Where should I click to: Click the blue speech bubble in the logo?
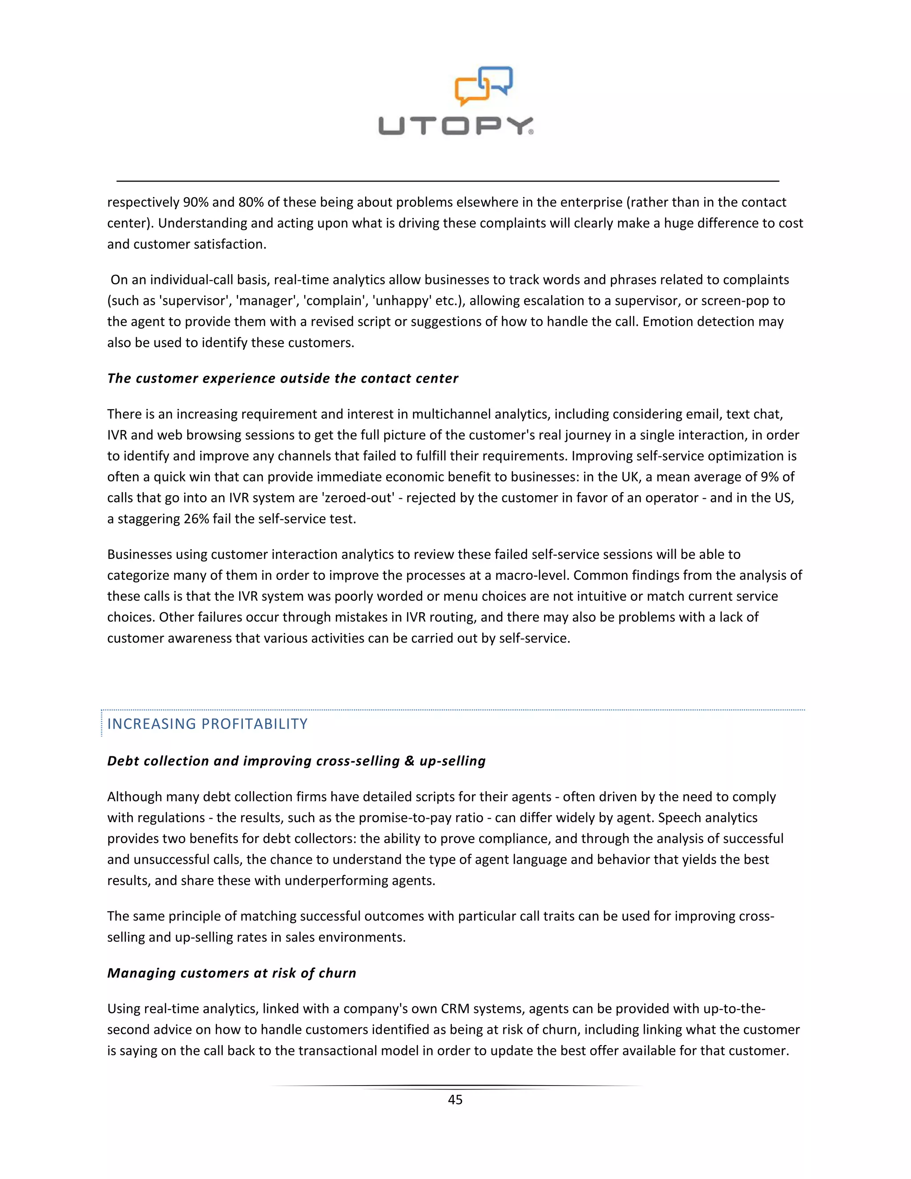[498, 79]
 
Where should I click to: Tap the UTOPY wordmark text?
[455, 126]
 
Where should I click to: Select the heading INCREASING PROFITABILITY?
[207, 724]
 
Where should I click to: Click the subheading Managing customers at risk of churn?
[231, 973]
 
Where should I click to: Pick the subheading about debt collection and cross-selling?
[296, 761]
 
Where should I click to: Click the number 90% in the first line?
[195, 202]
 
